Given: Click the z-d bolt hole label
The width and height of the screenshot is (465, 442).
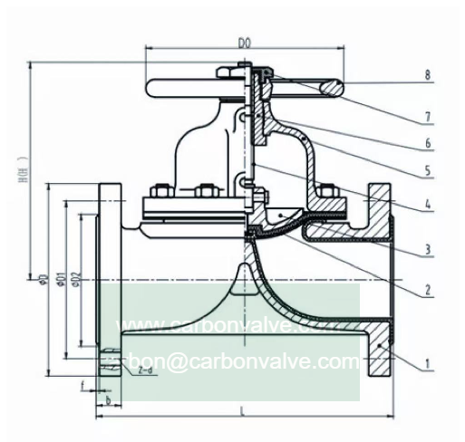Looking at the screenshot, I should tap(144, 371).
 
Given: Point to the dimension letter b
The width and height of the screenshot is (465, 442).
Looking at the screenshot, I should tap(108, 399).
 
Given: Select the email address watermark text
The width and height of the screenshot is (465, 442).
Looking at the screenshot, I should tap(238, 361).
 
